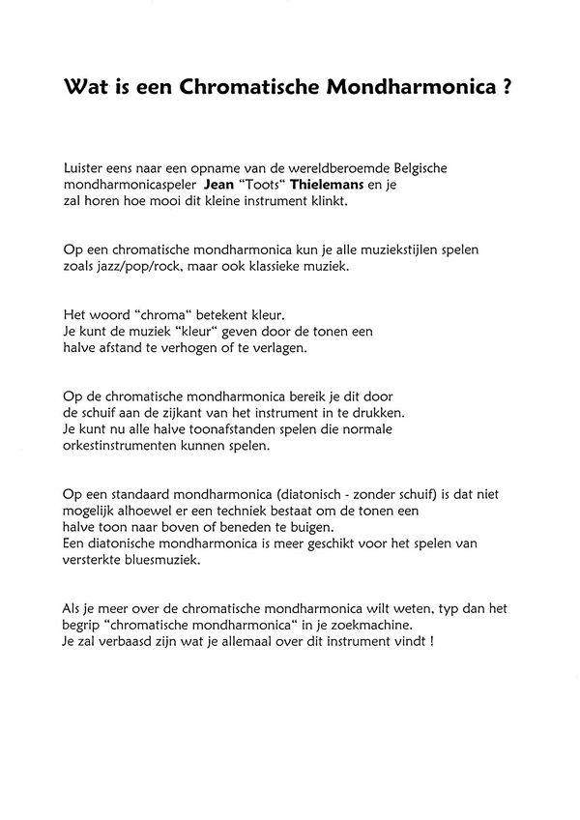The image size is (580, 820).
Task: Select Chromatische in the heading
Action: tap(241, 87)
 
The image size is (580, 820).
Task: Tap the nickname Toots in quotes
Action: tap(268, 186)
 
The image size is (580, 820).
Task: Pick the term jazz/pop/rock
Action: tap(131, 265)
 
